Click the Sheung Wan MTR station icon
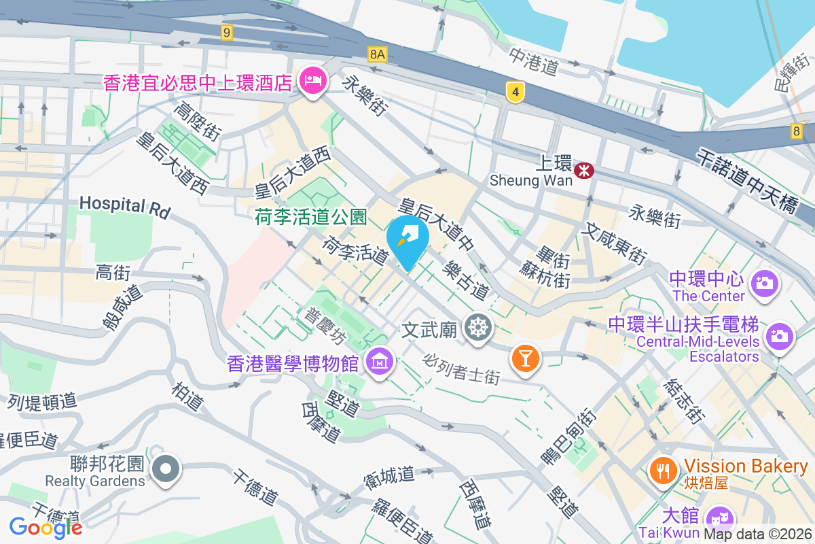[x=583, y=170]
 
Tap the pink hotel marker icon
[x=313, y=82]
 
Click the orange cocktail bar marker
[x=525, y=356]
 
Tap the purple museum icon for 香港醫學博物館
[x=379, y=361]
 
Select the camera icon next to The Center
[x=765, y=282]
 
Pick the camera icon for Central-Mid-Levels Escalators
[x=780, y=336]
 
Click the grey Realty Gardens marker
[x=165, y=469]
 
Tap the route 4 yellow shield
[x=516, y=91]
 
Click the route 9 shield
[x=226, y=31]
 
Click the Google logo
[x=46, y=527]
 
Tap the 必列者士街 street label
[x=461, y=368]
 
